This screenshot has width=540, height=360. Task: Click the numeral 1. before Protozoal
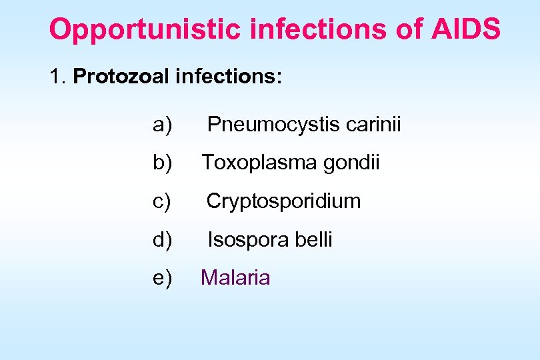click(57, 77)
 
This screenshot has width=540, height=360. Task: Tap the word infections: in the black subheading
click(229, 77)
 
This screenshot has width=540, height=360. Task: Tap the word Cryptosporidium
click(283, 201)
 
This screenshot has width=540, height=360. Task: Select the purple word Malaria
click(235, 277)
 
